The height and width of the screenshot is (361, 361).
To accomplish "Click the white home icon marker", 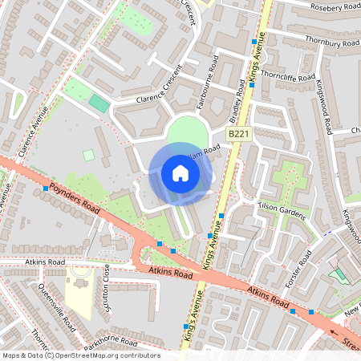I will point(180,172).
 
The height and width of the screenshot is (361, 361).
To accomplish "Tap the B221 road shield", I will point(237,136).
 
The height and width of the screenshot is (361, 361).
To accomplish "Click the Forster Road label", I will point(298,269).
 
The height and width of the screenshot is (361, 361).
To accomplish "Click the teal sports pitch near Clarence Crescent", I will point(99,103).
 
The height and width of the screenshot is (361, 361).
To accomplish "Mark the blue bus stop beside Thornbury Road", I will point(254,40).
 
